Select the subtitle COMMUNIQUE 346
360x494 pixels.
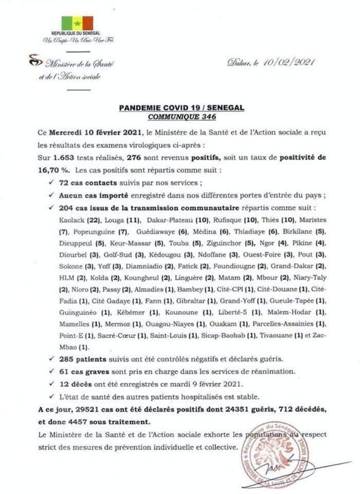click(x=180, y=118)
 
